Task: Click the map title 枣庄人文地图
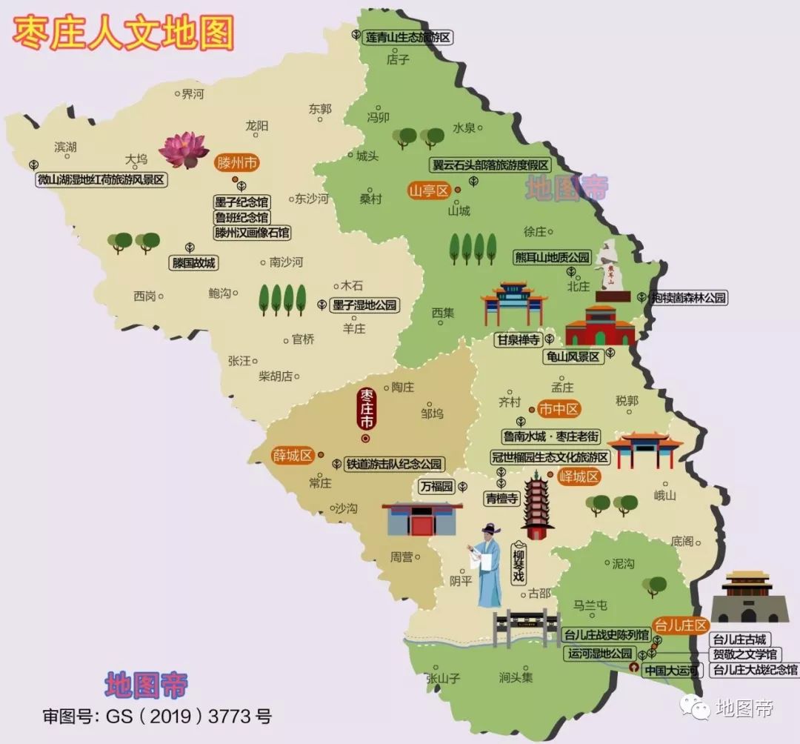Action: click(x=123, y=33)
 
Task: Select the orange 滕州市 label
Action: click(x=237, y=163)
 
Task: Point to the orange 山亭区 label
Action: click(x=429, y=190)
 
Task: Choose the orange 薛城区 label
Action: click(x=293, y=455)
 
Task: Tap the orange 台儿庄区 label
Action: click(x=680, y=625)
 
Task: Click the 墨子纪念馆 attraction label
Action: click(x=241, y=202)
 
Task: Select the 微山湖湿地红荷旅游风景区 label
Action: click(x=102, y=179)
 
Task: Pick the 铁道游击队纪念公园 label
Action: click(x=394, y=465)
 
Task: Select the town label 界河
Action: click(x=192, y=93)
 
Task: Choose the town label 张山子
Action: click(x=443, y=677)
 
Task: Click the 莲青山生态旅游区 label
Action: click(x=407, y=37)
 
